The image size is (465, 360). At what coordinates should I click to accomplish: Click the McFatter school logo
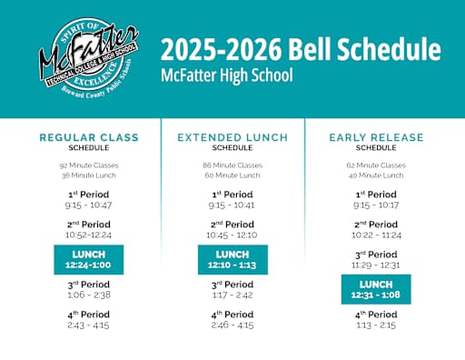[x=87, y=59]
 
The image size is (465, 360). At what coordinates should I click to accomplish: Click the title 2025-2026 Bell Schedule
[x=300, y=50]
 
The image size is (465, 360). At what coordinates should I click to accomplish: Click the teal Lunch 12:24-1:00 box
[x=89, y=259]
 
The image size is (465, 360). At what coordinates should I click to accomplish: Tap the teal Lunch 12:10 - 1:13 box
[x=232, y=259]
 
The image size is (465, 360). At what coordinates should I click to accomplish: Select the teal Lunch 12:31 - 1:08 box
[x=376, y=289]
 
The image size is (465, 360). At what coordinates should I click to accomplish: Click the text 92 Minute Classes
[x=89, y=165]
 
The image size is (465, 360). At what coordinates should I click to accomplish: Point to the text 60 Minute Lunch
[x=232, y=175]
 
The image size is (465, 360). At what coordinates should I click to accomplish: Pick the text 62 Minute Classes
[x=376, y=165]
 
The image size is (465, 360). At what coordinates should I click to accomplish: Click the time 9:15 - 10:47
[x=89, y=205]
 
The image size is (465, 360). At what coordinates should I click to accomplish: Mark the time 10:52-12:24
[x=89, y=235]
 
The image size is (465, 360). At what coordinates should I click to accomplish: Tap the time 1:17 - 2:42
[x=232, y=295]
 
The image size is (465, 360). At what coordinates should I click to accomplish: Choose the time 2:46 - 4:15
[x=232, y=325]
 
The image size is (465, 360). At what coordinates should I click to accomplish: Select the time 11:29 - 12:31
[x=376, y=265]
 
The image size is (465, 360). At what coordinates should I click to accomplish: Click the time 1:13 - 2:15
[x=376, y=325]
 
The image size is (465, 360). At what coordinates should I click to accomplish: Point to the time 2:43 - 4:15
[x=89, y=325]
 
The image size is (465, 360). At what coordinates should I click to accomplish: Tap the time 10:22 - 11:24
[x=376, y=235]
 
